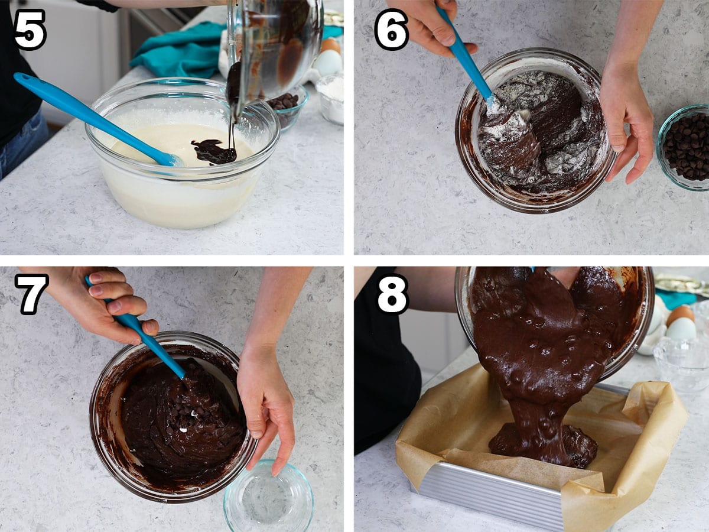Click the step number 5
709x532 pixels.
(x=30, y=30)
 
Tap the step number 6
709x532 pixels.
(x=392, y=30)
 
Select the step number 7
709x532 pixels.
(x=31, y=294)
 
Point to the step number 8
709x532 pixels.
(x=393, y=294)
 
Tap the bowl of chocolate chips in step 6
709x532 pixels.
(x=684, y=147)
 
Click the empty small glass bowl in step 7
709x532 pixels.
(x=269, y=496)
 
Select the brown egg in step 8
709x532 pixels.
(x=680, y=318)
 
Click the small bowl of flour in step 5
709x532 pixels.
(x=330, y=99)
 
